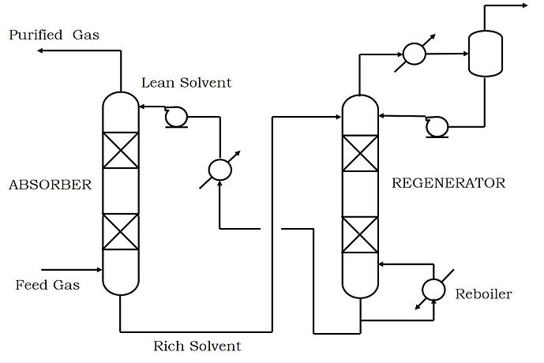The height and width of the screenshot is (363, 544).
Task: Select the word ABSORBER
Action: click(x=51, y=185)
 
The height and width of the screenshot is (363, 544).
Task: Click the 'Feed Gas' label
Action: click(x=47, y=285)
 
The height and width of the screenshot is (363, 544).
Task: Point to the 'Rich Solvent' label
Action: click(x=197, y=346)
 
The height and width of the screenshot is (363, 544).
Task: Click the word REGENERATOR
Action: click(x=448, y=183)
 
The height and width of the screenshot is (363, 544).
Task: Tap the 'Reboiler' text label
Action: click(x=483, y=294)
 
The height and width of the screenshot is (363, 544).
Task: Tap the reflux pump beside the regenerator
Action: click(x=434, y=125)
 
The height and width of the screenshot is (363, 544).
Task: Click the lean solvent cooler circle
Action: click(x=219, y=169)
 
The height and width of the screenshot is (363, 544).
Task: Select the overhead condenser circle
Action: click(x=413, y=54)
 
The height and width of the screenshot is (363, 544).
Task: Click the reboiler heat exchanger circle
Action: click(x=433, y=290)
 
